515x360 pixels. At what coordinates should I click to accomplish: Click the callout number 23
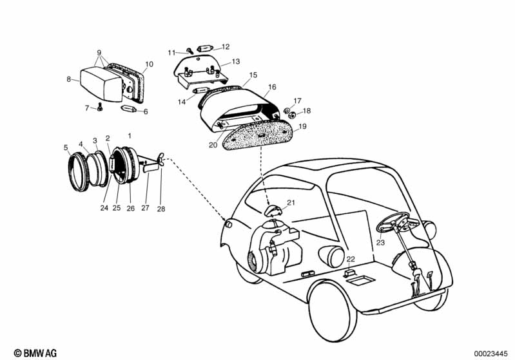pyautogui.click(x=380, y=243)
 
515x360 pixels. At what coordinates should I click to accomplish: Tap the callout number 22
pyautogui.click(x=351, y=259)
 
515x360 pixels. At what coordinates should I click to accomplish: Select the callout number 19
pyautogui.click(x=302, y=126)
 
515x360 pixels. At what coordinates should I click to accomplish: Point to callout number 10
pyautogui.click(x=149, y=64)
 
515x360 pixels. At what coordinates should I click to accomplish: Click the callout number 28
pyautogui.click(x=161, y=209)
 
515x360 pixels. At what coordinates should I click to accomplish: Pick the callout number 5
pyautogui.click(x=66, y=147)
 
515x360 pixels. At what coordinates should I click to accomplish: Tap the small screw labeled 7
pyautogui.click(x=100, y=107)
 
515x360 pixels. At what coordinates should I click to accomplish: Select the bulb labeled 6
pyautogui.click(x=129, y=109)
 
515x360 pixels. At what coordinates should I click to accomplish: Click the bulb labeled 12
pyautogui.click(x=205, y=48)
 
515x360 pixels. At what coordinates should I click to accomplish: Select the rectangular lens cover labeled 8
pyautogui.click(x=100, y=84)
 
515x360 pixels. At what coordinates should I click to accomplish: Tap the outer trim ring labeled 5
pyautogui.click(x=78, y=172)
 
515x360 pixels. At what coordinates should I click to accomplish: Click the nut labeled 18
pyautogui.click(x=291, y=115)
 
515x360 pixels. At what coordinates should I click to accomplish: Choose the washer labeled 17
pyautogui.click(x=286, y=109)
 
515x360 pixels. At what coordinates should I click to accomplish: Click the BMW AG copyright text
pyautogui.click(x=35, y=353)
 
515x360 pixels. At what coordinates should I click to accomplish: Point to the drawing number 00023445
pyautogui.click(x=491, y=354)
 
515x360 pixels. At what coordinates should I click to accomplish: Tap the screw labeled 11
pyautogui.click(x=190, y=50)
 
